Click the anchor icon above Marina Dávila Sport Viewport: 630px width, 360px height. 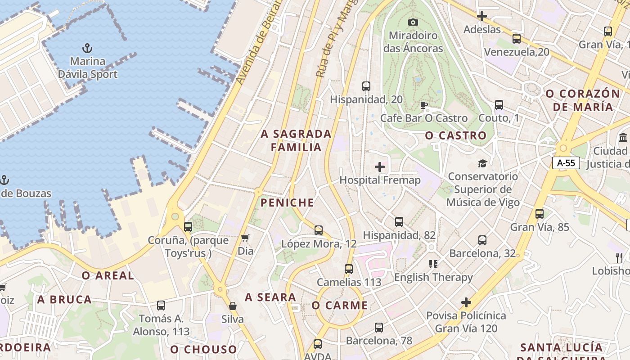[87, 48]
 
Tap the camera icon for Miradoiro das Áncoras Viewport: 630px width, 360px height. [413, 22]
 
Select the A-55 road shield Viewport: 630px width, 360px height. [566, 163]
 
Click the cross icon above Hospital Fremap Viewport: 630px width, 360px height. [380, 167]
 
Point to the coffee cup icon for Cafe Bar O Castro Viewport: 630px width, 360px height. [423, 105]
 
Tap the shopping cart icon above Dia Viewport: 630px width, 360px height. [245, 238]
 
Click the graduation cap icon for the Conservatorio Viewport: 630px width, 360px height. [482, 163]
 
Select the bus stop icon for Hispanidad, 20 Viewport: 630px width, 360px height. [366, 86]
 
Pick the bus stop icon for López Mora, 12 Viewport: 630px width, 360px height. [319, 230]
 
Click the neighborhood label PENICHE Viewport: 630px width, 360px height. [287, 203]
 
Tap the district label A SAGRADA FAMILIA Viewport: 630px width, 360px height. [296, 140]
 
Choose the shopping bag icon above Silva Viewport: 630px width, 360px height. [233, 306]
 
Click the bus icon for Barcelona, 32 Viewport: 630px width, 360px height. [482, 240]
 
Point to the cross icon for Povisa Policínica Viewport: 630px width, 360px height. [466, 302]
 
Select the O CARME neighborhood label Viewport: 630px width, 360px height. [340, 306]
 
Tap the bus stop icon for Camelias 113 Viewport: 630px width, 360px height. [349, 269]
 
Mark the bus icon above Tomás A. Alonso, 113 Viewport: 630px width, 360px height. [161, 306]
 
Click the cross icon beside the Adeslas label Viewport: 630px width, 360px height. [482, 16]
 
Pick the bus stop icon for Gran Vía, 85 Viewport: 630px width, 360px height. [540, 214]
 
